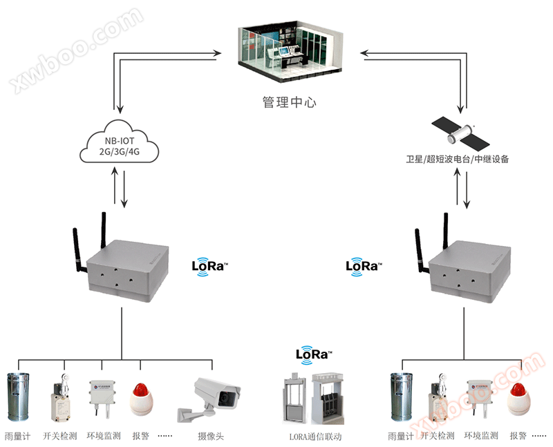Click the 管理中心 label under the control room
click(289, 102)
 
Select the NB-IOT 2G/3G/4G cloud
click(120, 145)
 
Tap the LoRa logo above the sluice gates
click(314, 354)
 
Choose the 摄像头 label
click(211, 437)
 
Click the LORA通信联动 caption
click(315, 437)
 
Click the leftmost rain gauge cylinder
click(19, 397)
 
